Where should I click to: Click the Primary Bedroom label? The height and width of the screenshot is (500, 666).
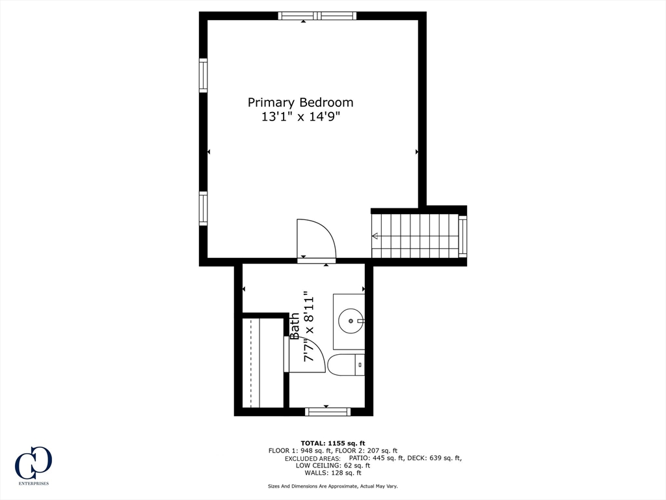tap(300, 102)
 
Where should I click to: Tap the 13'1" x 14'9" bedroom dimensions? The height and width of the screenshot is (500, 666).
tap(300, 118)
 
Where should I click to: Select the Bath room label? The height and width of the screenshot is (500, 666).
tap(295, 326)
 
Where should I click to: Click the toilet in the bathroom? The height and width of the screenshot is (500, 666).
tap(345, 365)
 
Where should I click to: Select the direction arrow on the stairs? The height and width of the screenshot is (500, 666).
tap(375, 236)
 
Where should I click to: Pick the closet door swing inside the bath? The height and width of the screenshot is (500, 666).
tap(306, 355)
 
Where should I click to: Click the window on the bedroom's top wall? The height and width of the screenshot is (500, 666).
tap(317, 16)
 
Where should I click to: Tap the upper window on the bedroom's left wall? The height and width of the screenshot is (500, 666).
tap(203, 75)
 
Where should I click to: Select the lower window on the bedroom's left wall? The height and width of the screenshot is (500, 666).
tap(203, 208)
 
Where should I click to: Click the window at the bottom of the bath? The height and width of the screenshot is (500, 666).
tap(328, 411)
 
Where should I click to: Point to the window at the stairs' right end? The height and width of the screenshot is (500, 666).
tap(462, 236)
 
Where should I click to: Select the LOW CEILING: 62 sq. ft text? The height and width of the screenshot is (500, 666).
tap(332, 465)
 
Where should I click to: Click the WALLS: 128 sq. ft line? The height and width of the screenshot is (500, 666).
tap(332, 473)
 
